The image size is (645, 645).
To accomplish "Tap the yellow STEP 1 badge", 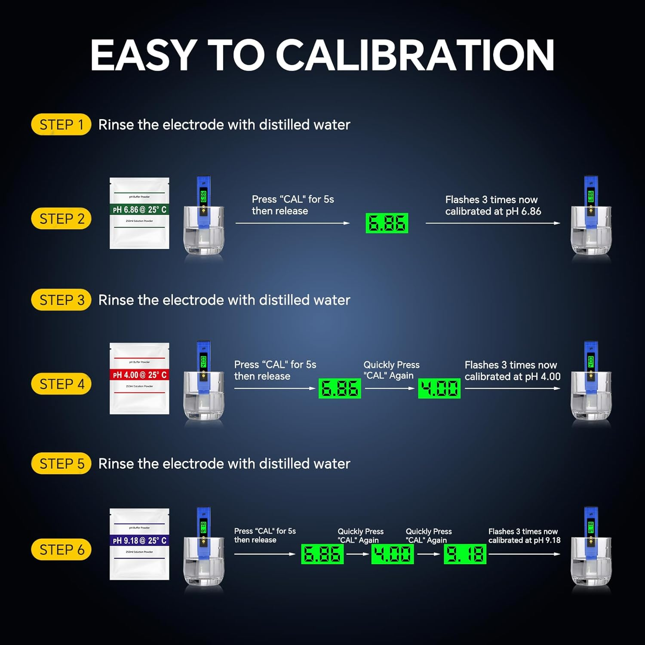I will (61, 125).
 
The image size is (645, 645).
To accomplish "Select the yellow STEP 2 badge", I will (61, 218).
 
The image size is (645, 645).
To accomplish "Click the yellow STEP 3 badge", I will (61, 300).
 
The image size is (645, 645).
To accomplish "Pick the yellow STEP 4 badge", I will (61, 384).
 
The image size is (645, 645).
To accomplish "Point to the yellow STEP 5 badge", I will (61, 464).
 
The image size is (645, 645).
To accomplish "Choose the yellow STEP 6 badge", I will (61, 550).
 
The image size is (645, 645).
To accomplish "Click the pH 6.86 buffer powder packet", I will (139, 213).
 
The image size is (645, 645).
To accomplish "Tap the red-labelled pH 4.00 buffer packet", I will (139, 378).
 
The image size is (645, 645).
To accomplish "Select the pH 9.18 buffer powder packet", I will (139, 544).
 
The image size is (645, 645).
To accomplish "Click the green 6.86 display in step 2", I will (387, 223).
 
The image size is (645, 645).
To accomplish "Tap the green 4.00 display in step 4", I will (439, 388).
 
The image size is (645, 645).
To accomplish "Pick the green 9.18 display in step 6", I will (465, 554).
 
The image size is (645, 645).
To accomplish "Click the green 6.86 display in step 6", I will (322, 554).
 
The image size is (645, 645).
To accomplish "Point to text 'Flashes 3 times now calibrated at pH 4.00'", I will (512, 371).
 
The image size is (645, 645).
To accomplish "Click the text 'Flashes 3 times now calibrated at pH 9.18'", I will (524, 536).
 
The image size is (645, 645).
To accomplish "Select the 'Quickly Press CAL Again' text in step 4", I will (391, 370).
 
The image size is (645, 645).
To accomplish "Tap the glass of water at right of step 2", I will (591, 232).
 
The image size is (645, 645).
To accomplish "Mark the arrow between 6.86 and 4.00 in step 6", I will (357, 554).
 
